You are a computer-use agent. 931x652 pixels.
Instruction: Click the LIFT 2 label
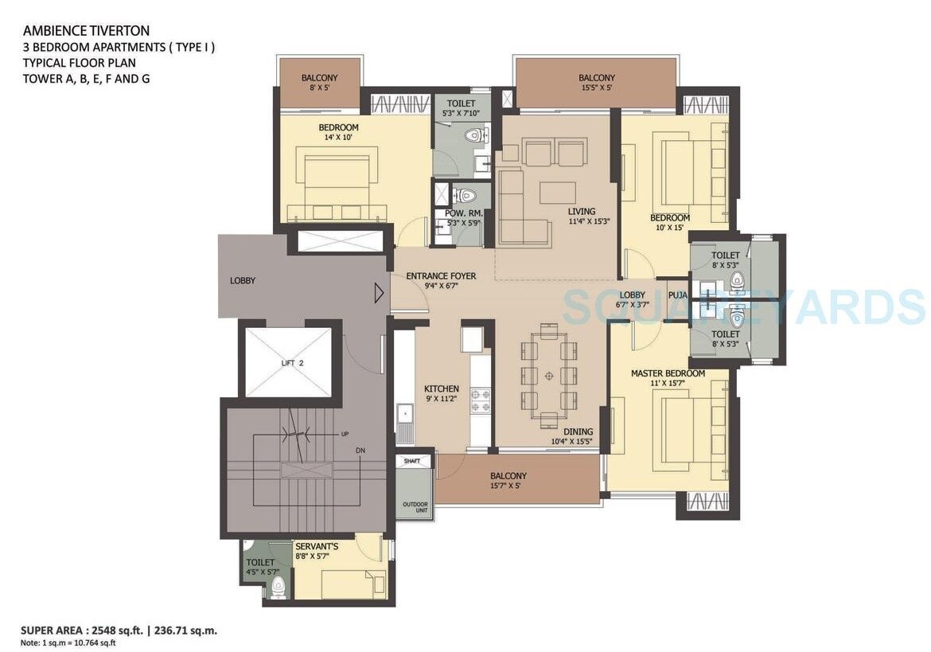[x=292, y=363]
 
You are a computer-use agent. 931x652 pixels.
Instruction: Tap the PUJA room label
[x=677, y=295]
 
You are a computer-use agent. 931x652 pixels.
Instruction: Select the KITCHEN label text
[x=441, y=388]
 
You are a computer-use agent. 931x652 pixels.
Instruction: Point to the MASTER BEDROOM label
[x=668, y=373]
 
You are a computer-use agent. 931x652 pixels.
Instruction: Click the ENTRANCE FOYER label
[x=441, y=276]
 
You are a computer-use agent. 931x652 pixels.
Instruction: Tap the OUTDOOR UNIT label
[x=415, y=508]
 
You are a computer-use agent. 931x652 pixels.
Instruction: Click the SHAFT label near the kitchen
[x=412, y=461]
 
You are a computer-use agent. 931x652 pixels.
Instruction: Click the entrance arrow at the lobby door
[x=380, y=294]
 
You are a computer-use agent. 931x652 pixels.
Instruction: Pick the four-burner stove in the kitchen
[x=481, y=400]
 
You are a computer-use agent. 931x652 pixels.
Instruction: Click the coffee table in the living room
[x=557, y=193]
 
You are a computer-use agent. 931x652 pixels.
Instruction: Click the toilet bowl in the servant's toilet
[x=278, y=588]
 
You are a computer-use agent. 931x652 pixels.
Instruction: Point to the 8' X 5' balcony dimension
[x=319, y=88]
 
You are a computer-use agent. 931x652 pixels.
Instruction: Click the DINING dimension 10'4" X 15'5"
[x=573, y=441]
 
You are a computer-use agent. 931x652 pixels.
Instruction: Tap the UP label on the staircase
[x=345, y=434]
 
